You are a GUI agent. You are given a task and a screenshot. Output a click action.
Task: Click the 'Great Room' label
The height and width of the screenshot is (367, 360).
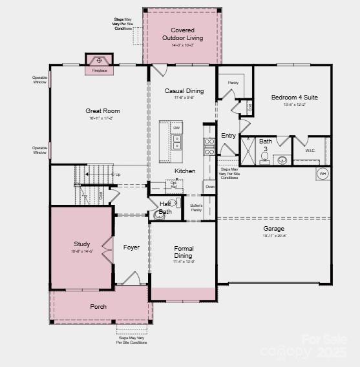pyautogui.click(x=103, y=111)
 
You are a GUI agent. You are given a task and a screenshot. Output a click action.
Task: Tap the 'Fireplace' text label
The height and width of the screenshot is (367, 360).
pyautogui.click(x=100, y=70)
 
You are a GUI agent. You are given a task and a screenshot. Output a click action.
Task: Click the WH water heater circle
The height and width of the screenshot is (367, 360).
pyautogui.click(x=322, y=174)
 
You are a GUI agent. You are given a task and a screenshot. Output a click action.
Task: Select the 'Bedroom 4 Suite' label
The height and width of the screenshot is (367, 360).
pyautogui.click(x=294, y=98)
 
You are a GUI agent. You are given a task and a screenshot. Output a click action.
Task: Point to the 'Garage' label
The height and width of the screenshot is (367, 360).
pyautogui.click(x=273, y=228)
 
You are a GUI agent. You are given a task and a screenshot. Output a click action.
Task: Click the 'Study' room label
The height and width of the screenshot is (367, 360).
pyautogui.click(x=81, y=244)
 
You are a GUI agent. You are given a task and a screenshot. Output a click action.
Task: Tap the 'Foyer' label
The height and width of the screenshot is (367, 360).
pyautogui.click(x=131, y=247)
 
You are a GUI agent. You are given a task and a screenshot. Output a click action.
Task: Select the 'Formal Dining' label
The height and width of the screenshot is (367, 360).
pyautogui.click(x=184, y=252)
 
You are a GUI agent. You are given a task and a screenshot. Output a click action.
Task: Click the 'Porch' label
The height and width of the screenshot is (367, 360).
pyautogui.click(x=98, y=306)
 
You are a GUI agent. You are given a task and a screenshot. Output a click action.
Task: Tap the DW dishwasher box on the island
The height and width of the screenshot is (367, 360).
pyautogui.click(x=176, y=128)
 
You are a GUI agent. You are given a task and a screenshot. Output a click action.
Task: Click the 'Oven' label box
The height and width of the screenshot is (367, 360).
pyautogui.click(x=209, y=186)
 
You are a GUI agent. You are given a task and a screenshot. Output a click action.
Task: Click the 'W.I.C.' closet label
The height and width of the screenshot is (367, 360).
pyautogui.click(x=310, y=151)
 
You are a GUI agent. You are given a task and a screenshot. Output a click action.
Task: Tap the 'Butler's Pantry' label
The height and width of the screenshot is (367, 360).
pyautogui.click(x=196, y=208)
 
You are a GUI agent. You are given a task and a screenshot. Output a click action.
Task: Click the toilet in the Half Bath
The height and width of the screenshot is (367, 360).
pyautogui.click(x=159, y=216)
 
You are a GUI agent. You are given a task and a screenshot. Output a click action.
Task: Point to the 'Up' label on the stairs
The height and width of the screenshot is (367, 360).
pyautogui.click(x=117, y=174)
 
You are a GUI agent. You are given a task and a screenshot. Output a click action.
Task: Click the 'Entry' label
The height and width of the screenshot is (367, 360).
pyautogui.click(x=229, y=136)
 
